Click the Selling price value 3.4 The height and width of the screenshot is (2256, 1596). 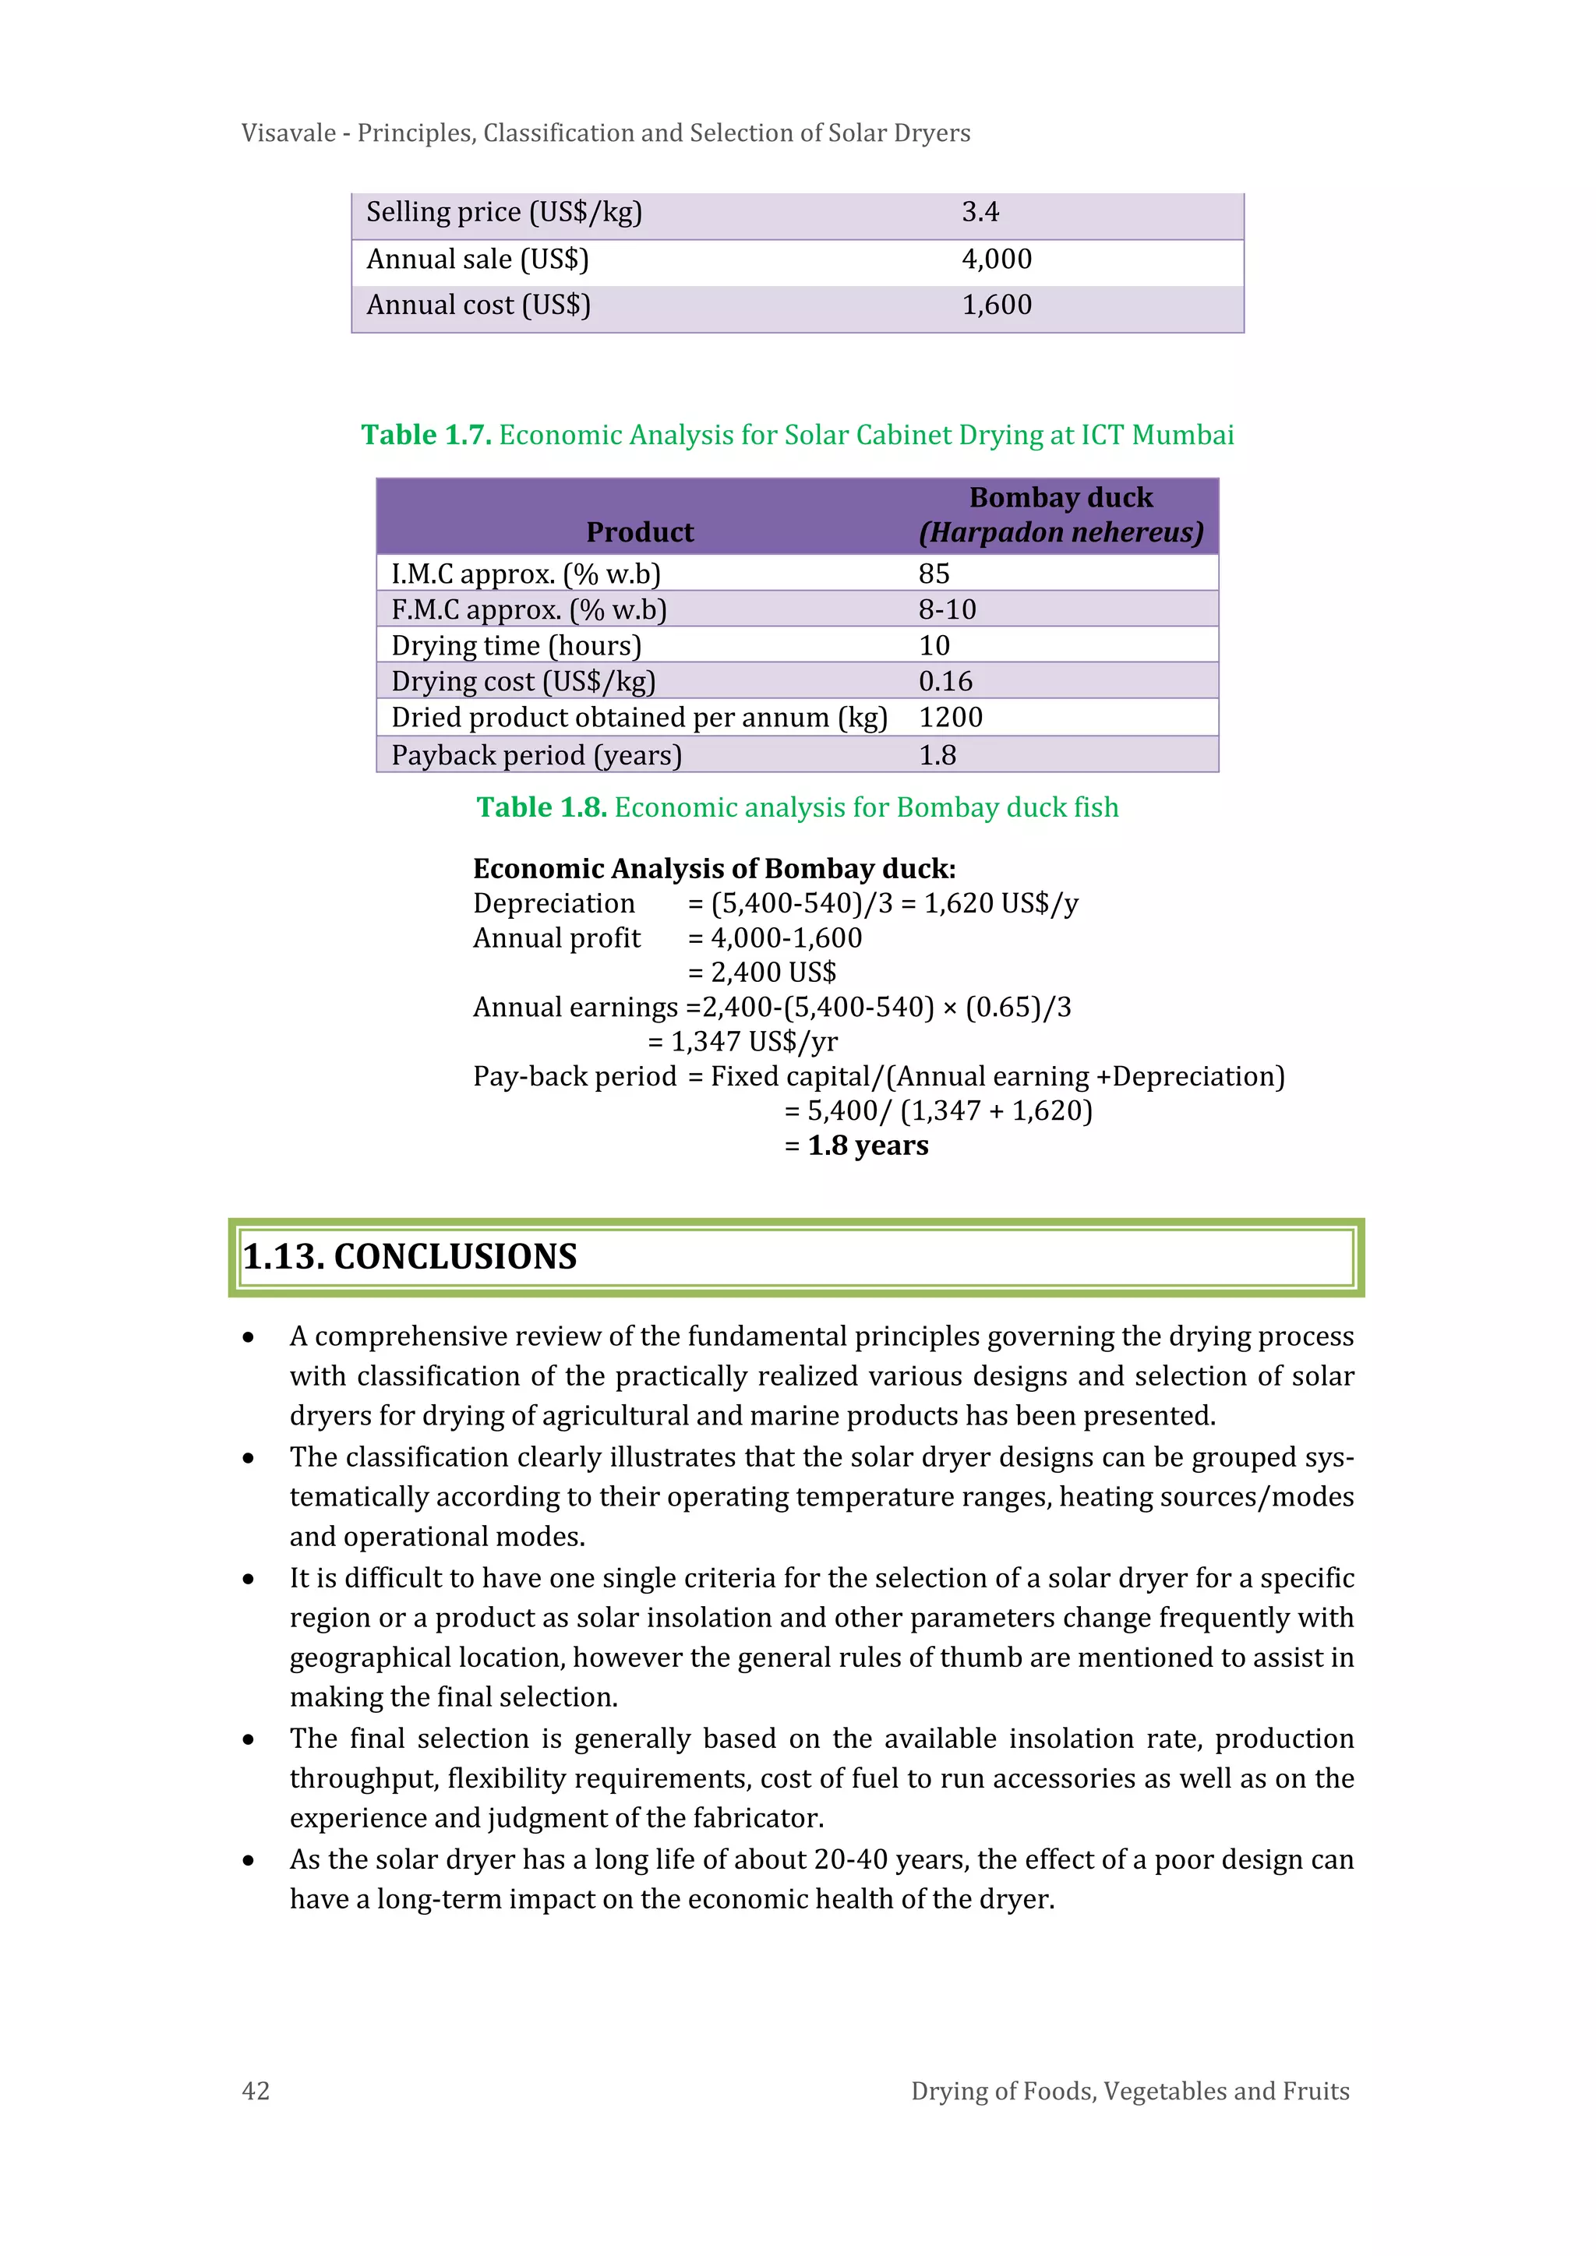click(980, 212)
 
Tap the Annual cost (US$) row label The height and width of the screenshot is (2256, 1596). click(478, 305)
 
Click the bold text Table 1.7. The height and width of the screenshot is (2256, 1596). click(425, 436)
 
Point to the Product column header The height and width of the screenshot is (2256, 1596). click(640, 532)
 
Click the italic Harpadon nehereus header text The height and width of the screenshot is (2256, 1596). click(1061, 532)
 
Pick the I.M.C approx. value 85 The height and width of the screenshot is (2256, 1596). click(934, 574)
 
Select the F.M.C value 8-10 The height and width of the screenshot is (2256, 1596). click(946, 610)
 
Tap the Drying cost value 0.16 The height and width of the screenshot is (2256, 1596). click(945, 682)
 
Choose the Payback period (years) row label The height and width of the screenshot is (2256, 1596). click(537, 756)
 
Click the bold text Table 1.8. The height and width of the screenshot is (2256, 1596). click(542, 807)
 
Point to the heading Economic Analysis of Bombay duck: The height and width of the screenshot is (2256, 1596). click(715, 869)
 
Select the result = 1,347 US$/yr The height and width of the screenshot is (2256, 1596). click(743, 1042)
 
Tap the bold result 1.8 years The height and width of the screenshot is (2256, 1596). click(868, 1146)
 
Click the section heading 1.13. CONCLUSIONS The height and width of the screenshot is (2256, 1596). click(410, 1257)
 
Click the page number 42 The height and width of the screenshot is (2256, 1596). click(256, 2091)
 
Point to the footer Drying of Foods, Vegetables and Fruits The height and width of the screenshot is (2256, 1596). click(1129, 2091)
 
